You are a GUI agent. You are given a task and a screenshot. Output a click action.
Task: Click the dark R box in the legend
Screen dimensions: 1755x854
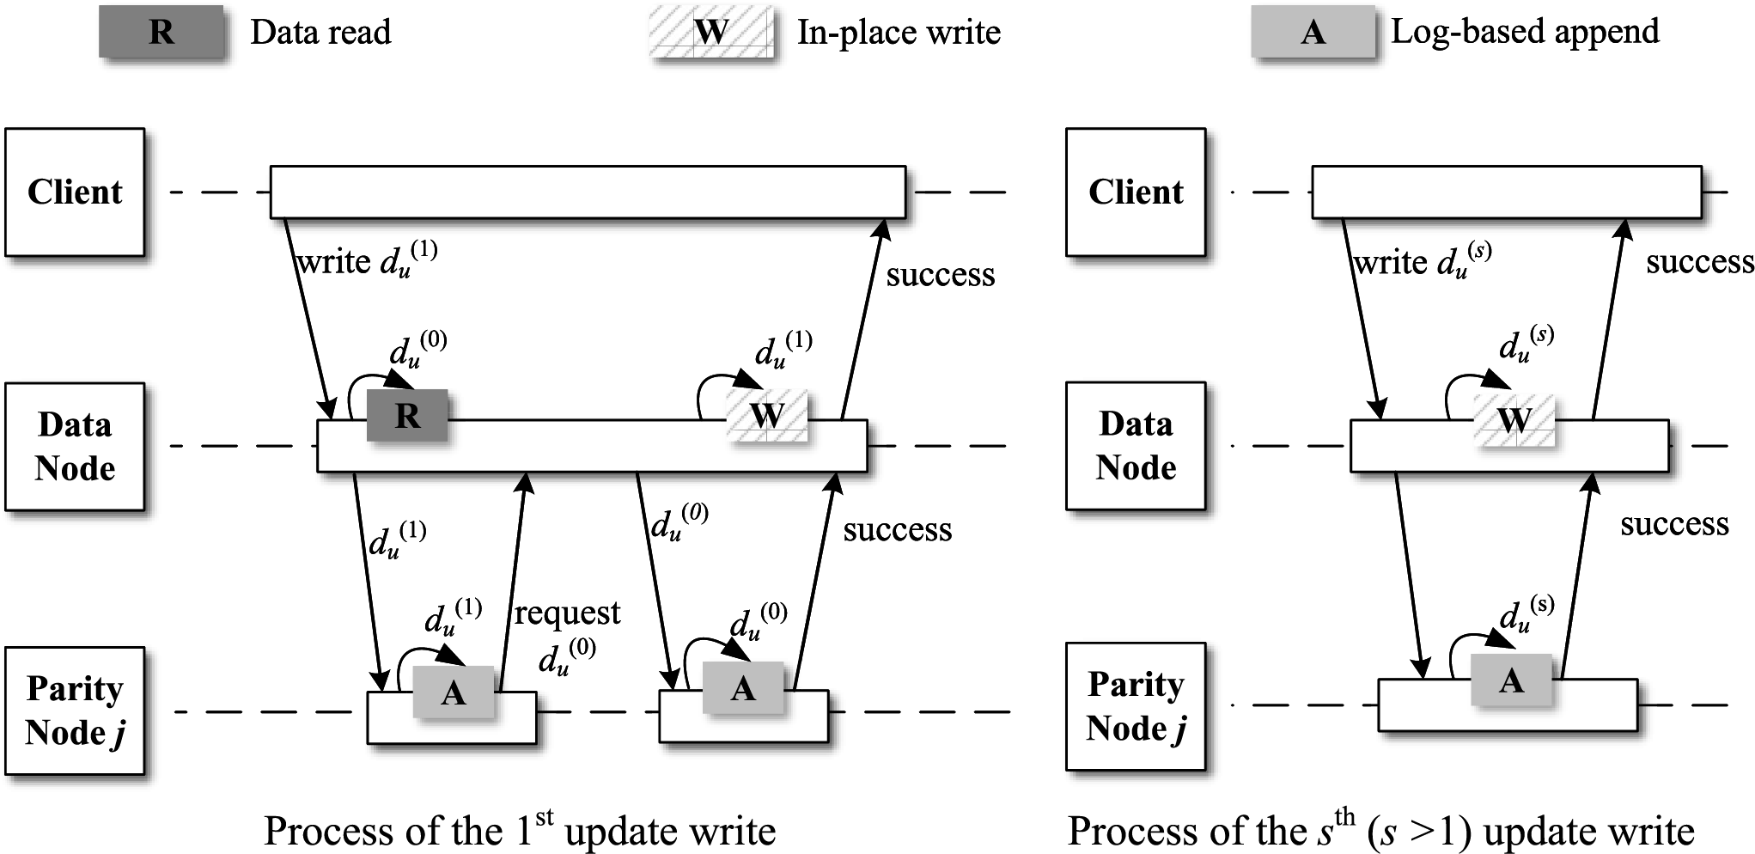161,32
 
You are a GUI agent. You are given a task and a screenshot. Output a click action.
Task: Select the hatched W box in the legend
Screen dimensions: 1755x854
711,33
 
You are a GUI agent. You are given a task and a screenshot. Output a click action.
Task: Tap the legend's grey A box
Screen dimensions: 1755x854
1313,33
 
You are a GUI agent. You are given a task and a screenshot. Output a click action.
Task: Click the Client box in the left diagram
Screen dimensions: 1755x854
75,192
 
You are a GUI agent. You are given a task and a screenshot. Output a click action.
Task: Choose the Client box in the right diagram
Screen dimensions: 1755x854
1136,192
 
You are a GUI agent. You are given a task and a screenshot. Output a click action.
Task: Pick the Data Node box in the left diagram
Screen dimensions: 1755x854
75,447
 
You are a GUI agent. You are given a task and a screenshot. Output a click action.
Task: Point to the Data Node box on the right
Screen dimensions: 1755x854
1136,446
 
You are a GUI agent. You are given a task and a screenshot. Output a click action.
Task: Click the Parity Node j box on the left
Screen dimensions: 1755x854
75,711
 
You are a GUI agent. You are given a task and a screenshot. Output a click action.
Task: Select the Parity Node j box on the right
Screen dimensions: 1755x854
1136,706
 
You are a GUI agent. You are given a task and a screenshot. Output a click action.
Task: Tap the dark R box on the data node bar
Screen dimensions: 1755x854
407,416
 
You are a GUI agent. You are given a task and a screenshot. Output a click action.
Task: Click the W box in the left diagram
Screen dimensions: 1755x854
767,416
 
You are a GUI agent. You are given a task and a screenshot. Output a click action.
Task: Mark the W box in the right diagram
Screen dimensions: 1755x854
1514,420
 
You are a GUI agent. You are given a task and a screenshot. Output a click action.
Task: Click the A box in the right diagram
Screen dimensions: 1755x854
1511,680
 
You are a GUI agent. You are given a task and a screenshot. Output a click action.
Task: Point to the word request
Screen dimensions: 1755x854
567,613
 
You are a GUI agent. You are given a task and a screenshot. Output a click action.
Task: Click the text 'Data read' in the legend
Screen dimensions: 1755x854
320,33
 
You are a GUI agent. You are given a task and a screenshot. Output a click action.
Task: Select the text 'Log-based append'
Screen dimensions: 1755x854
1525,33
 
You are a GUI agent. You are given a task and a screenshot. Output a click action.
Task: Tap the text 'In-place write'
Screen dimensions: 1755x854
899,33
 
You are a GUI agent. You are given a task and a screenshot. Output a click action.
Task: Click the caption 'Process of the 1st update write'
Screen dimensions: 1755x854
520,830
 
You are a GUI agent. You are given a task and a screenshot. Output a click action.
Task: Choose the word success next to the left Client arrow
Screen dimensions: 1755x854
941,275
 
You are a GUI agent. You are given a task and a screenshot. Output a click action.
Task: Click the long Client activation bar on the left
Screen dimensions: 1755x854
588,192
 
